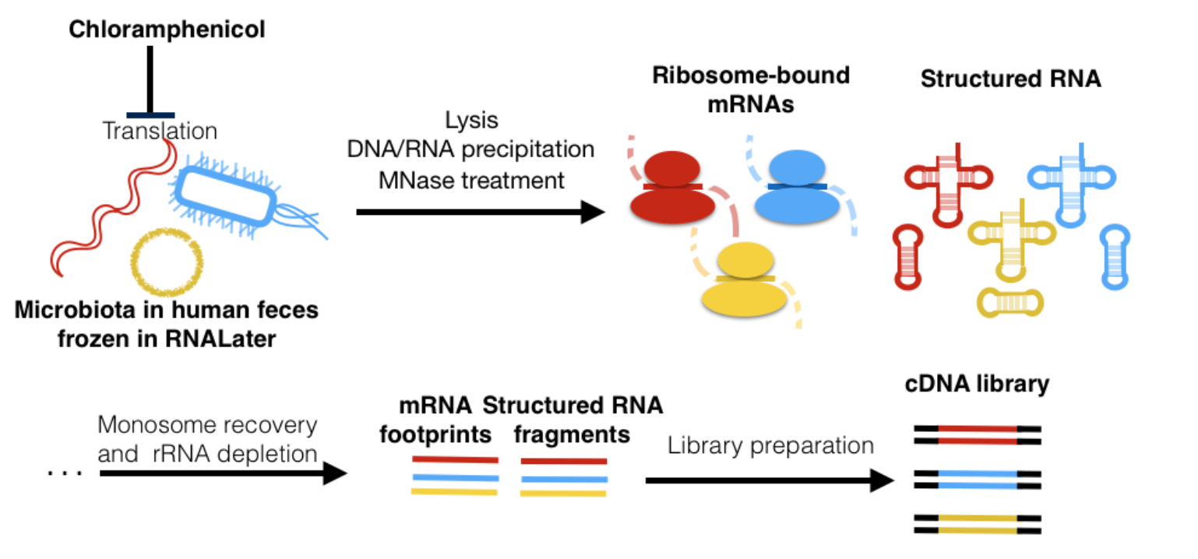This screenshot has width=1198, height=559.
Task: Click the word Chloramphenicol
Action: [167, 30]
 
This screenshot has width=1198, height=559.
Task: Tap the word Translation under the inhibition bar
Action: [160, 131]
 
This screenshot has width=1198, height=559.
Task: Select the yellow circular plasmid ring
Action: [167, 262]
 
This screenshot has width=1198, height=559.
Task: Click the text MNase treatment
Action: [471, 181]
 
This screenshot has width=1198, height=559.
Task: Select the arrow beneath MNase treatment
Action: [479, 212]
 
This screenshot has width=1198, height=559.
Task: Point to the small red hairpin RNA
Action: [911, 257]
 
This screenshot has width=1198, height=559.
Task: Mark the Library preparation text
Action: [770, 445]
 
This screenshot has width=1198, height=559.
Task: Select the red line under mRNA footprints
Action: [454, 459]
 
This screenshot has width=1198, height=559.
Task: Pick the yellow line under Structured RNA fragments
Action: [563, 493]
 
